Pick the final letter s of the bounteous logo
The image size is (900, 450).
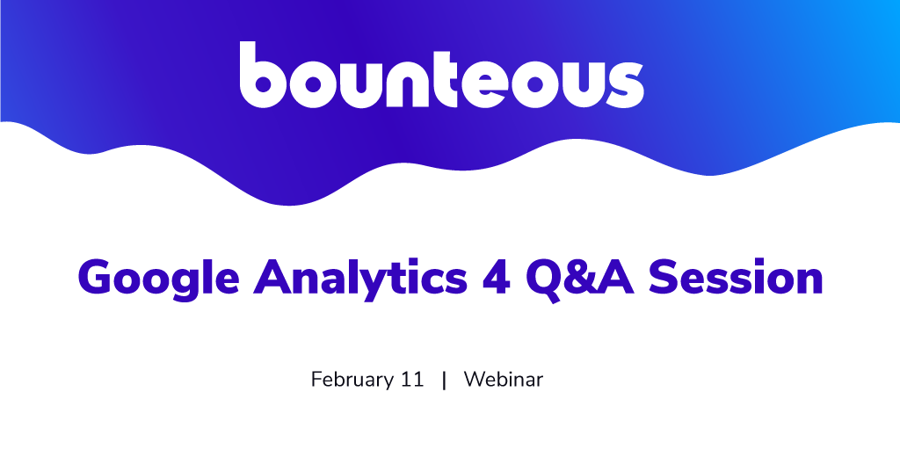[x=625, y=83]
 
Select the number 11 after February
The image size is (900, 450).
[x=411, y=380]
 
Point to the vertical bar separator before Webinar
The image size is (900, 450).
[x=444, y=380]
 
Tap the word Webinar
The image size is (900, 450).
[x=504, y=380]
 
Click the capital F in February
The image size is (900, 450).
[x=316, y=380]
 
